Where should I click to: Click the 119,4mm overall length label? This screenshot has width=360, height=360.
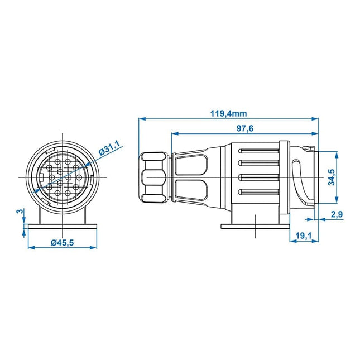pos(229,113)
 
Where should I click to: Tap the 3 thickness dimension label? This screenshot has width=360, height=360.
pos(20,212)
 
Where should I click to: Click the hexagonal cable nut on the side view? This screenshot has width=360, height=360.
pos(153,178)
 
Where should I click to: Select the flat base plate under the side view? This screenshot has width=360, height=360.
pos(255,225)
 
